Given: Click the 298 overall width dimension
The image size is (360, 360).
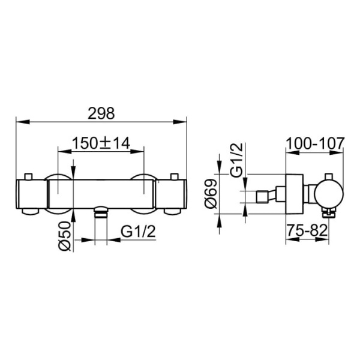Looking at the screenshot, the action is coord(101,113).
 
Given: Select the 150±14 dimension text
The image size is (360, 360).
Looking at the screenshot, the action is coord(101,143).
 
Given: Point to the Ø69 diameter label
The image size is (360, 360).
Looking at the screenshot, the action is coord(211,194).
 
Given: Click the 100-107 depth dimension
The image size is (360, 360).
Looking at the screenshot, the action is coord(315,143).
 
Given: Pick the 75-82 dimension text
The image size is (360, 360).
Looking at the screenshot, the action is coord(307,230).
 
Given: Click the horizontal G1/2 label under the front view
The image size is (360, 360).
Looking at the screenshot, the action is coord(138,232).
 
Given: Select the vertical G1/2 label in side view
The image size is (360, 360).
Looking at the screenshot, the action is coord(236,160).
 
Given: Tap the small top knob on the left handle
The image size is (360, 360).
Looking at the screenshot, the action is coord(29,176).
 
